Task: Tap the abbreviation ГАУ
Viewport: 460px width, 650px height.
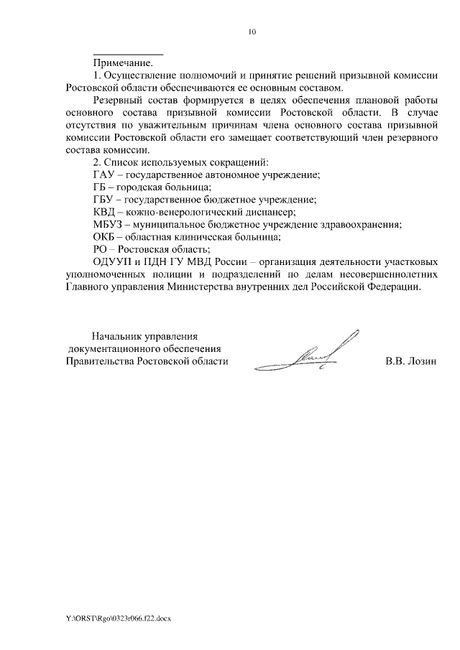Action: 104,175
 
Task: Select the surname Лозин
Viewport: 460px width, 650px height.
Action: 420,361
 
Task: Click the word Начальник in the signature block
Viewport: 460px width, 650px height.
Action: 116,335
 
